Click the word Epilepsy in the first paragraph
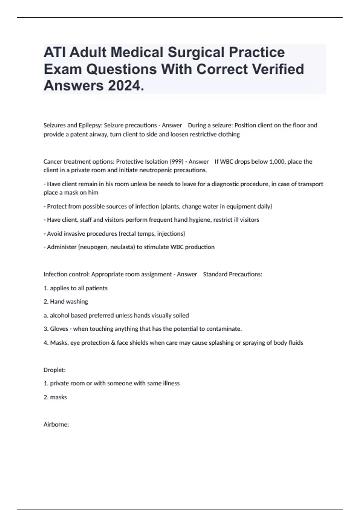click(x=89, y=125)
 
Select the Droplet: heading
click(x=55, y=370)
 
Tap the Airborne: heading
click(x=56, y=424)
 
